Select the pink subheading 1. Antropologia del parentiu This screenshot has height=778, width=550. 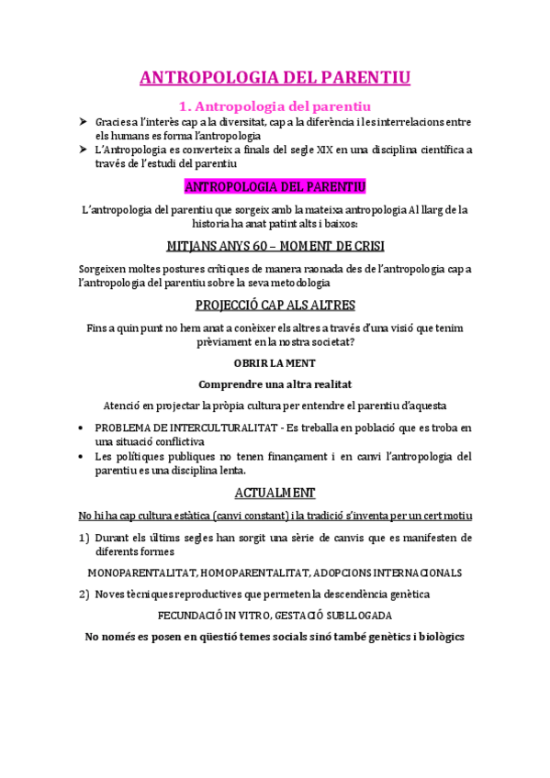point(275,105)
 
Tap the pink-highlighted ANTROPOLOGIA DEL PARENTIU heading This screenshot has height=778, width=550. point(275,187)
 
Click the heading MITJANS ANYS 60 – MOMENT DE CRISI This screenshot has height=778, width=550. point(275,246)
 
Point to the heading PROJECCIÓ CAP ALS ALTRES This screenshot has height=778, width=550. point(275,305)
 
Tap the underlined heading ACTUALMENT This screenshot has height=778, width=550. point(275,492)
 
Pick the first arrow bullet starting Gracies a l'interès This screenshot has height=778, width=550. point(84,122)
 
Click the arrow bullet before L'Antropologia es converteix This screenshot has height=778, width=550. point(84,150)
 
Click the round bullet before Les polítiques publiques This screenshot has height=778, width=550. point(84,456)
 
